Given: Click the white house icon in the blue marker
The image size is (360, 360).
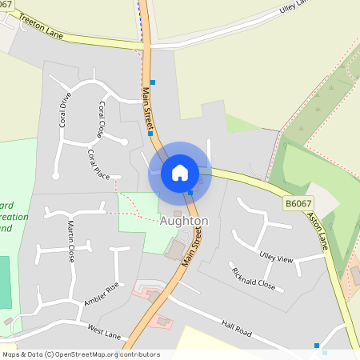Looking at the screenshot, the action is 180,172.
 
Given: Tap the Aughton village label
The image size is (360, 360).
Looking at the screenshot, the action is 184,220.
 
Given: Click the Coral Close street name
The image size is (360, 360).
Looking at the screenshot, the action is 101,118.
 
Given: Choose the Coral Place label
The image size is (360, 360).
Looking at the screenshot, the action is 98,164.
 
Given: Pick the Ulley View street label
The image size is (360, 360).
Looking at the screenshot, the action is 276,258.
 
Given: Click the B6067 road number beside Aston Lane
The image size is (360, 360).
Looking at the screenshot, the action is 298,205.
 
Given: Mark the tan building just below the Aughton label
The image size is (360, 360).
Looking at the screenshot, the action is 174,250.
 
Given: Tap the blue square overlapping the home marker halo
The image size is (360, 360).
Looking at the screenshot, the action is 190,192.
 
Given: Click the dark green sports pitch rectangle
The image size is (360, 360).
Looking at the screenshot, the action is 6,282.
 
